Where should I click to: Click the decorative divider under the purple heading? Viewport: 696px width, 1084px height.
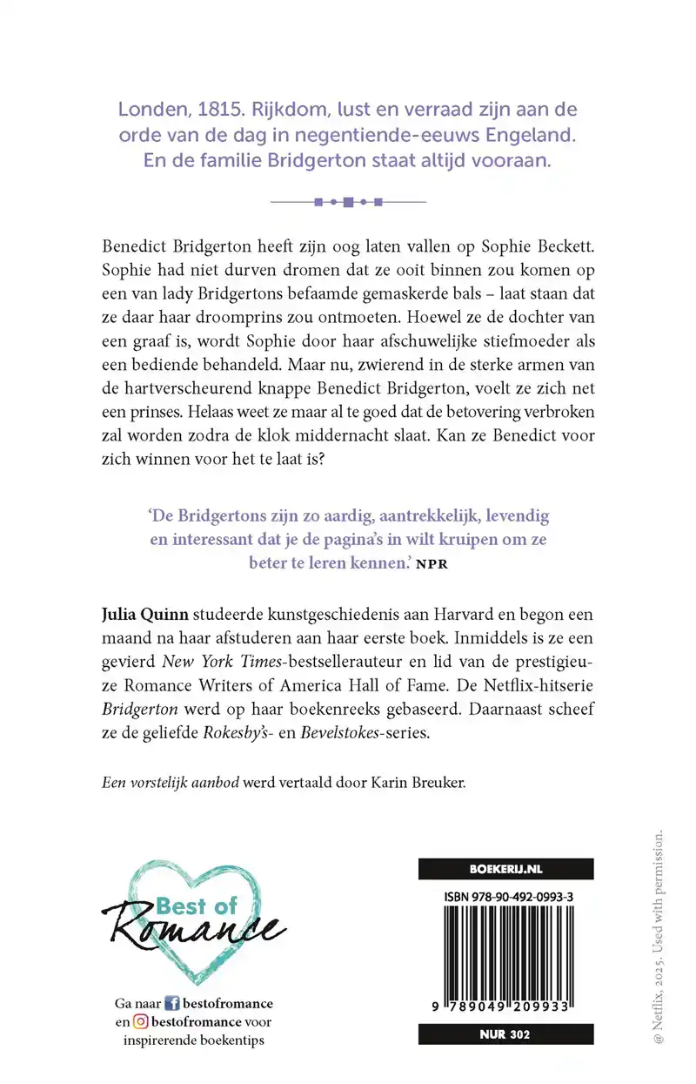(x=348, y=202)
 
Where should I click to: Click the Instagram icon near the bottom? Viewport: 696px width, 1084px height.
(x=139, y=1021)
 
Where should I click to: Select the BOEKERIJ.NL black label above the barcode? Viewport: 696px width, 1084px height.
(x=505, y=867)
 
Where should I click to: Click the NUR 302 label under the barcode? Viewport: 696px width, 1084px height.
(x=505, y=1035)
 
